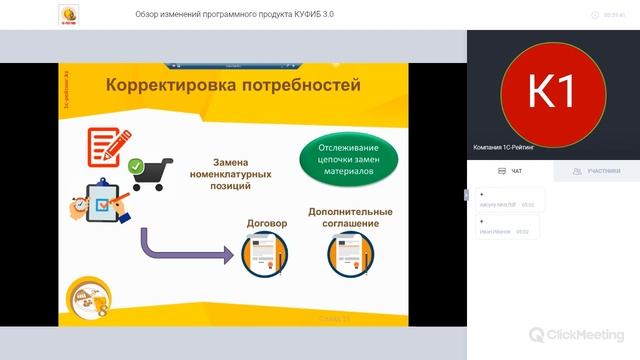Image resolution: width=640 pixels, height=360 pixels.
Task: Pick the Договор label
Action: click(x=266, y=223)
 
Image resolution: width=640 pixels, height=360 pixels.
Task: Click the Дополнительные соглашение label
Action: click(x=343, y=218)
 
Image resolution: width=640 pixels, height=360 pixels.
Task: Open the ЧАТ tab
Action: click(x=510, y=171)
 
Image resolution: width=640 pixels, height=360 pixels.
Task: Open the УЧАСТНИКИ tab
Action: click(x=597, y=171)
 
